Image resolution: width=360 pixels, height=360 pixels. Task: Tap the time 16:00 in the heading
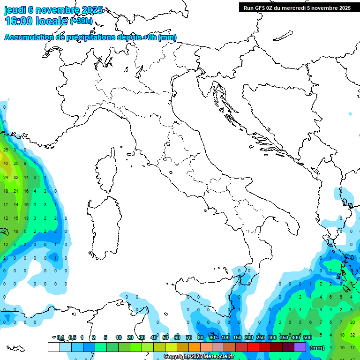(19, 21)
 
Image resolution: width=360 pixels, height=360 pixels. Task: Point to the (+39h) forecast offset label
(81, 21)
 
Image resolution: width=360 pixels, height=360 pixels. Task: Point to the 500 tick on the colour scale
(307, 337)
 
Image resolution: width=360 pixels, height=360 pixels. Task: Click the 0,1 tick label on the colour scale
(60, 337)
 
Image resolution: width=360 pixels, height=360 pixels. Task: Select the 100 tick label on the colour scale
(225, 337)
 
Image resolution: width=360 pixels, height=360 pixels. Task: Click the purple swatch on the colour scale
(300, 347)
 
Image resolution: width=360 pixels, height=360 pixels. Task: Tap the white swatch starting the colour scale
(53, 347)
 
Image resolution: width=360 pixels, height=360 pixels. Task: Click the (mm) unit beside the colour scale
(317, 348)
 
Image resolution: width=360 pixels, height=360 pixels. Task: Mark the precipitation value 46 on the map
(6, 164)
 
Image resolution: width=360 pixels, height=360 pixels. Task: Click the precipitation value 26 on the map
(6, 150)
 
